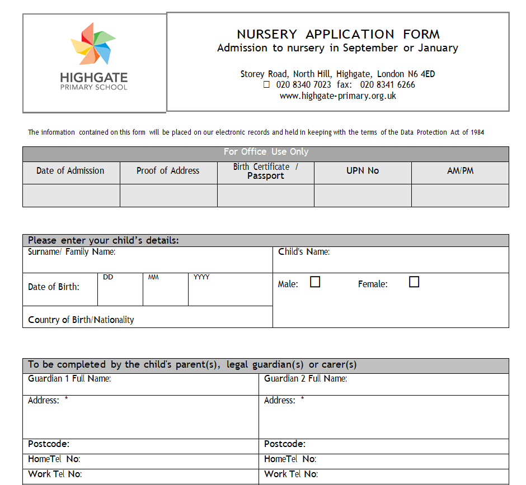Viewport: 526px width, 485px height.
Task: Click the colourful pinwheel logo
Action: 93,43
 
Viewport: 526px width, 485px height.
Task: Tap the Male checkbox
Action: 315,282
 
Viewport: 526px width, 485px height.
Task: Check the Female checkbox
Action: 414,282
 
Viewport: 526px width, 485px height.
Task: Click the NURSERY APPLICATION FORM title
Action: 338,34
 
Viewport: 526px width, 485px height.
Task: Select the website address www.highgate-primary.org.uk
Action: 338,96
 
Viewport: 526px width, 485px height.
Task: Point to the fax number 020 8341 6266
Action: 388,85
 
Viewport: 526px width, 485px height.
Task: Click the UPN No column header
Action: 363,171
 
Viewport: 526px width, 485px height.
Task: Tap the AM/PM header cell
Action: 460,171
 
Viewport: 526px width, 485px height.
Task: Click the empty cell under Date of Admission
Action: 71,196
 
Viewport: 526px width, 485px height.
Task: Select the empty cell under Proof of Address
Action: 168,196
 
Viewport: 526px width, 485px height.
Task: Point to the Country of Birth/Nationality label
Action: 81,320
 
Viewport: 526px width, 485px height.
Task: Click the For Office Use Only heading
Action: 266,152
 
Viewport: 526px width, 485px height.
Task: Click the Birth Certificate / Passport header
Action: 266,171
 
